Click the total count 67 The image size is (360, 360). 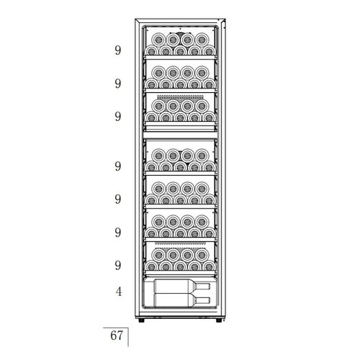(117, 336)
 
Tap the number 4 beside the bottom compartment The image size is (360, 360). (119, 292)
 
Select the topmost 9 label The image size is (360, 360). (118, 50)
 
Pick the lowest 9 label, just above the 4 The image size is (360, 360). (118, 266)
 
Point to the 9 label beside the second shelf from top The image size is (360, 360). (118, 84)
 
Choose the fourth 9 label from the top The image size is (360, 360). (118, 166)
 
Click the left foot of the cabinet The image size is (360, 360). (141, 320)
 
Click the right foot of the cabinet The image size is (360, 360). (219, 320)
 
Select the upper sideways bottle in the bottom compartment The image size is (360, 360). (182, 286)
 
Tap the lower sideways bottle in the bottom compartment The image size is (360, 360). (182, 300)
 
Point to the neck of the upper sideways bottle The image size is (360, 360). (204, 287)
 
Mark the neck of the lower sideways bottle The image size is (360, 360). (204, 300)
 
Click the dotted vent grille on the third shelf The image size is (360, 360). (180, 97)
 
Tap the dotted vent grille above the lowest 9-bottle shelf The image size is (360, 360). (180, 243)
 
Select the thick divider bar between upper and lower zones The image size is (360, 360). (180, 135)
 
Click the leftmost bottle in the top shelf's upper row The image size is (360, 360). (158, 40)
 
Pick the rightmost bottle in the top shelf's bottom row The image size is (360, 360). (209, 50)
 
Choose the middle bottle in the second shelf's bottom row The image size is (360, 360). (180, 84)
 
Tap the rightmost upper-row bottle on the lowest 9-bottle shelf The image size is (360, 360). (202, 255)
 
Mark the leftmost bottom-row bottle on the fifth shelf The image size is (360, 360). (151, 199)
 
